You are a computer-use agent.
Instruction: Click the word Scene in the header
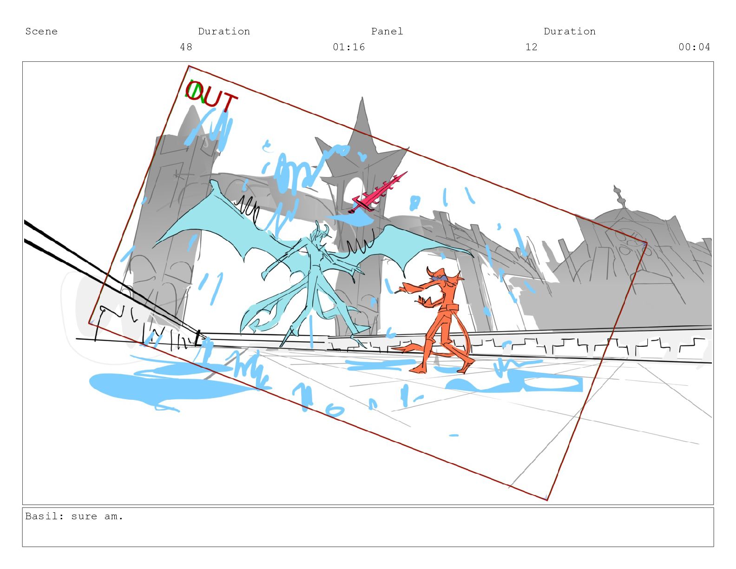click(41, 32)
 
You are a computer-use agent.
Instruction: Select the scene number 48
click(186, 47)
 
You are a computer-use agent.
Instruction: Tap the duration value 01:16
click(348, 47)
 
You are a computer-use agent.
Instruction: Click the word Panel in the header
click(387, 32)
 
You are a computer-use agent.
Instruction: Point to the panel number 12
click(531, 47)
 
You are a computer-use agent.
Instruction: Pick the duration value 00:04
click(694, 47)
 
